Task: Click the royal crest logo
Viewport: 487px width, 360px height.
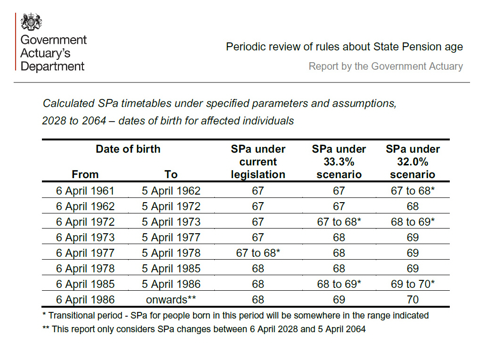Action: pos(32,22)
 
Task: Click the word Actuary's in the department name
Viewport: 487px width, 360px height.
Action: pos(45,53)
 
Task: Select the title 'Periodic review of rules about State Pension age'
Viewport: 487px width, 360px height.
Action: pos(344,47)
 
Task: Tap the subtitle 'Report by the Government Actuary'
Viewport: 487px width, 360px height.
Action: pos(386,66)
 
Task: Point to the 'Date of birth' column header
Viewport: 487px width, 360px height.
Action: pos(128,149)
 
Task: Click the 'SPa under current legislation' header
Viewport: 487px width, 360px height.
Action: pos(258,162)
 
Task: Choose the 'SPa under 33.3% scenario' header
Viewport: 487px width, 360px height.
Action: pos(339,162)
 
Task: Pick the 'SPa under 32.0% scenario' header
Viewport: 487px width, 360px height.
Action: pos(413,162)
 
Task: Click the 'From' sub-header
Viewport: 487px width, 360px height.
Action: pos(85,174)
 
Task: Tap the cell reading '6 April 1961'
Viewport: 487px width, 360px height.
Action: pos(85,191)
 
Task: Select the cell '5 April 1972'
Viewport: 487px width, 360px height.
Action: pos(171,206)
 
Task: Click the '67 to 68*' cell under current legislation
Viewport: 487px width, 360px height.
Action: pos(258,253)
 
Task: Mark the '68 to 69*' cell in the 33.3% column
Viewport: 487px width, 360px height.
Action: pos(339,284)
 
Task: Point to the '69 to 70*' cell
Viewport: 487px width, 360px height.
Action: pos(413,284)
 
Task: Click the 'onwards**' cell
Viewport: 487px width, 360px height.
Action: pos(171,300)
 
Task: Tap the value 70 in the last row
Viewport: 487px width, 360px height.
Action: pos(413,300)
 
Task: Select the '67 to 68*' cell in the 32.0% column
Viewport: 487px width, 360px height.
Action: pos(413,191)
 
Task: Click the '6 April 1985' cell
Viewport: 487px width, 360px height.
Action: pos(85,284)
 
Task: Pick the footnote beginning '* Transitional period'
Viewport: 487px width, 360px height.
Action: pos(235,315)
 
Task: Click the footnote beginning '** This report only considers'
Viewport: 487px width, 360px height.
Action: pos(204,329)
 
